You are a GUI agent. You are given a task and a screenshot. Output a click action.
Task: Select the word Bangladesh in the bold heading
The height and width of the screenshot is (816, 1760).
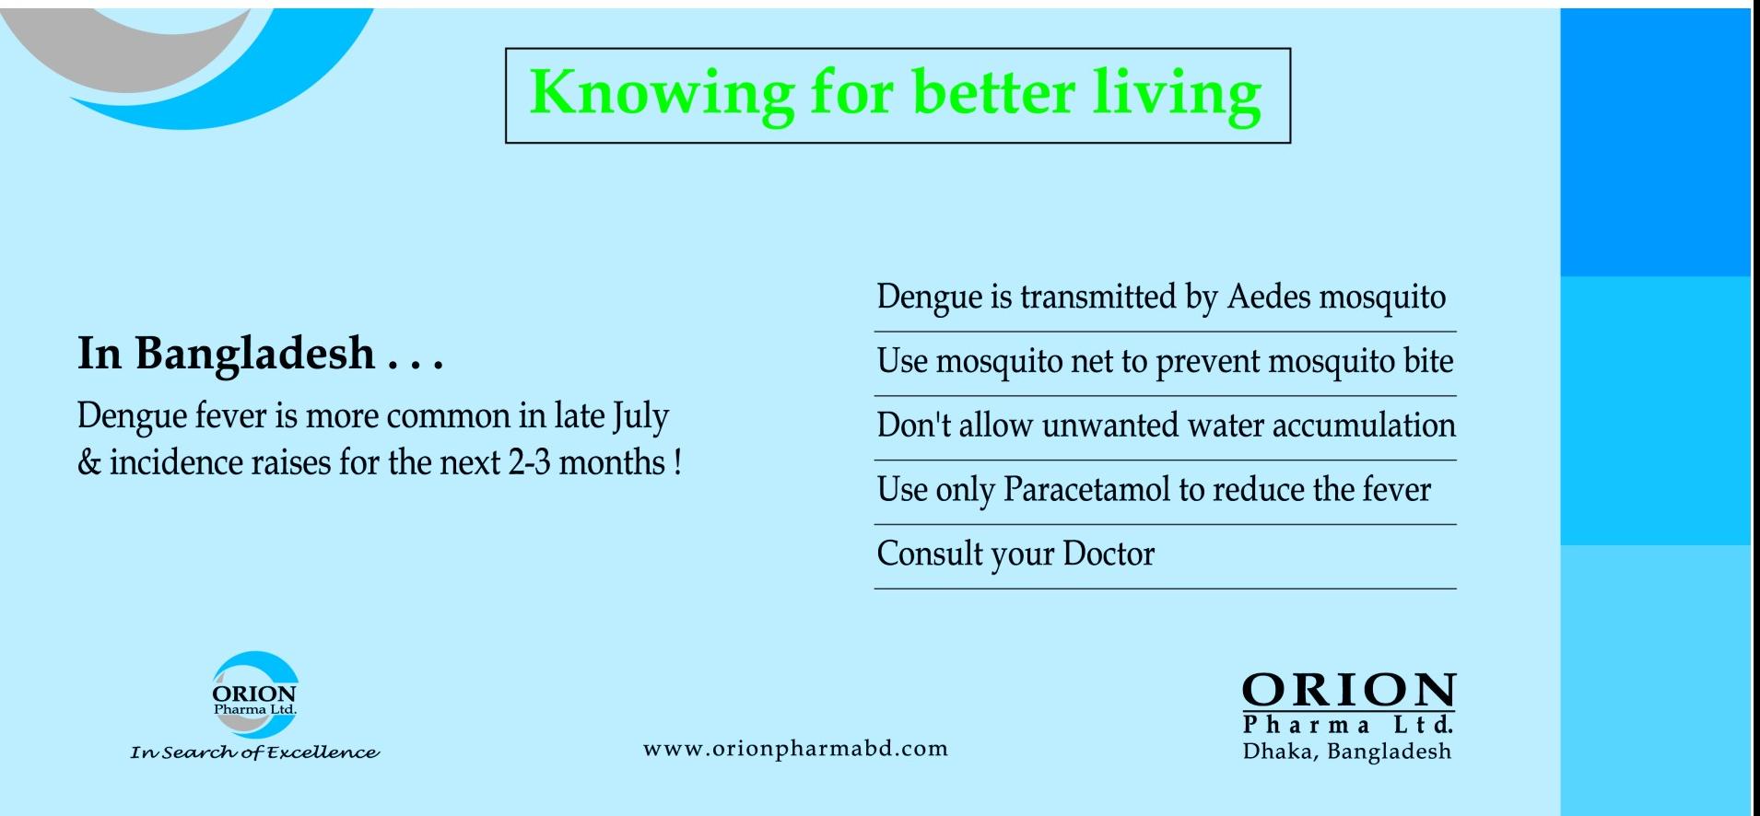[x=255, y=354]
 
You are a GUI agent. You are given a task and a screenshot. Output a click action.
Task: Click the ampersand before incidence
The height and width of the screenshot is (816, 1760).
[x=89, y=461]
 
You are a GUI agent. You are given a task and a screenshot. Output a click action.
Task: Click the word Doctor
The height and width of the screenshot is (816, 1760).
[x=1109, y=554]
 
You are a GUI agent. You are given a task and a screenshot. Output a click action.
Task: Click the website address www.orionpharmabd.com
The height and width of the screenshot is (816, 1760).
[x=795, y=748]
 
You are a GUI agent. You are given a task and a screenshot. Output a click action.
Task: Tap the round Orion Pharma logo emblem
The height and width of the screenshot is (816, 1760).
[x=254, y=695]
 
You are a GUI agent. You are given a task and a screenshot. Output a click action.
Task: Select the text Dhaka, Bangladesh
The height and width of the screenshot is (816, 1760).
[x=1347, y=752]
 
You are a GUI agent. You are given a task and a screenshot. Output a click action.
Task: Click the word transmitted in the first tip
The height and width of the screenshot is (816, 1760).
[x=1097, y=297]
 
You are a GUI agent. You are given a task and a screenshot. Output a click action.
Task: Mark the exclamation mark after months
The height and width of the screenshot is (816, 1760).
[x=677, y=461]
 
